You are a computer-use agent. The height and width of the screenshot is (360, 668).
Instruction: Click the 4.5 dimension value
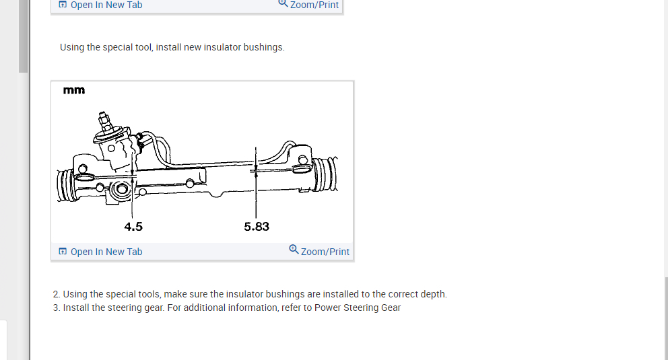tap(133, 226)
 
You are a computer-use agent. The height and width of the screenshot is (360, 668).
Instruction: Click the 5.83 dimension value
tap(257, 226)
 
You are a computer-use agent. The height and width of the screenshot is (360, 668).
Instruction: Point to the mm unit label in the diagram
tap(74, 90)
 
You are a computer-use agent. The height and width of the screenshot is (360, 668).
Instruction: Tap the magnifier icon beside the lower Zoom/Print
tap(294, 250)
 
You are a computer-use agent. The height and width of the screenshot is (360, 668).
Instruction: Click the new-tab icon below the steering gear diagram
tap(63, 251)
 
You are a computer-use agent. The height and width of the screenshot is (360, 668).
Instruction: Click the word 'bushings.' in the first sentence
tap(264, 47)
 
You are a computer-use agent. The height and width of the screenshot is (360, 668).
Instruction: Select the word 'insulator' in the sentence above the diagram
tap(222, 47)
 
